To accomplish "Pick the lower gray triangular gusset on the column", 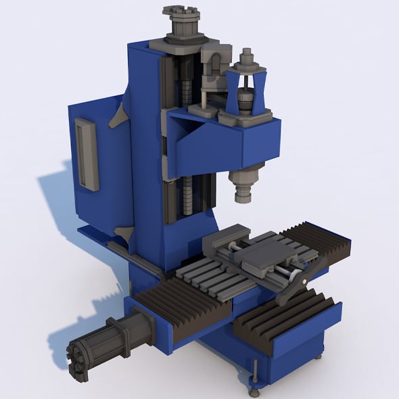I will pos(123,234).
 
